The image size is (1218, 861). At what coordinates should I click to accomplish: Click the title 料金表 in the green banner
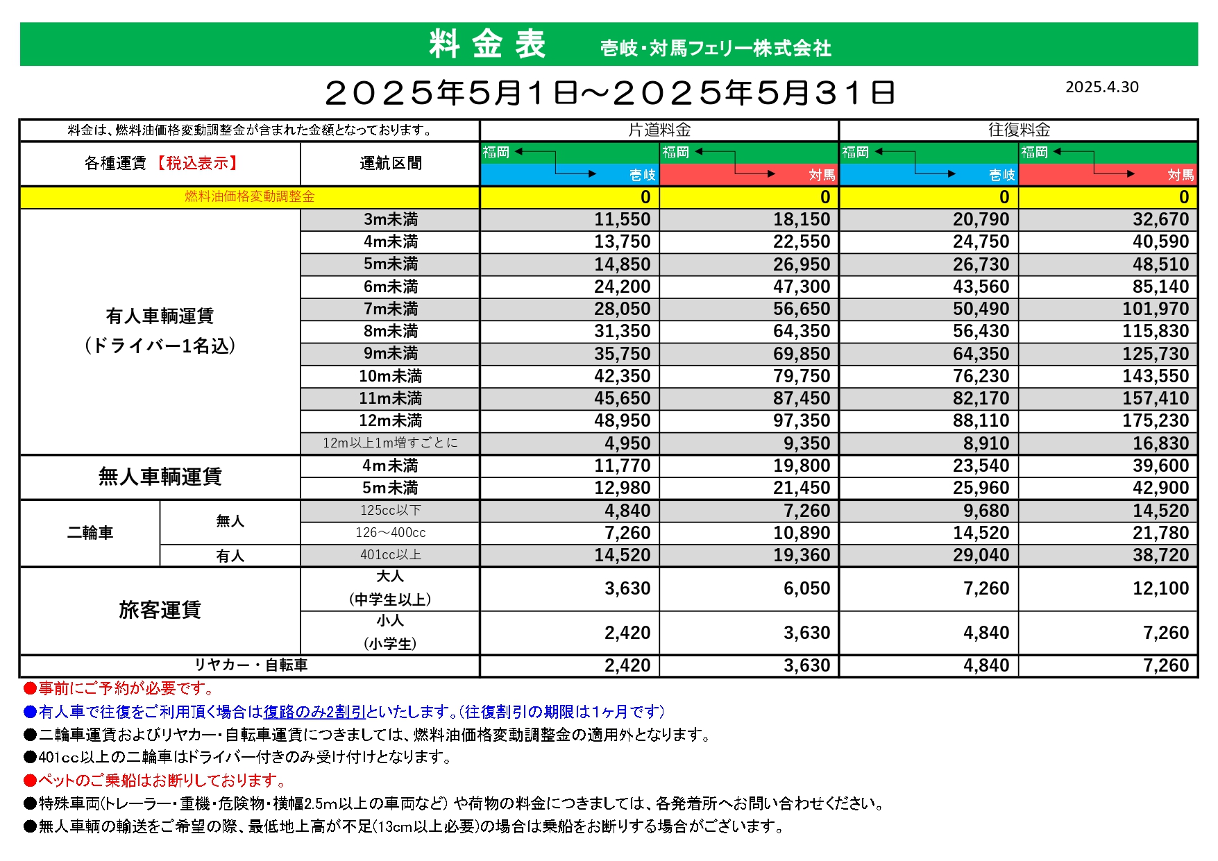487,44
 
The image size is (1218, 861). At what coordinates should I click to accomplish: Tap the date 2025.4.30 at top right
1101,87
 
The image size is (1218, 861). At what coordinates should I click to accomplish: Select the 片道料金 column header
659,130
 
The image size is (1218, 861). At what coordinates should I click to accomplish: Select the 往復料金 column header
1018,130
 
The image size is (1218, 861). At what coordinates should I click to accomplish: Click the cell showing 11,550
622,220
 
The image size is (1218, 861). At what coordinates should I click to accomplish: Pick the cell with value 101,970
1156,309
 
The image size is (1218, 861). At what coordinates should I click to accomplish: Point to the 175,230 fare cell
1156,421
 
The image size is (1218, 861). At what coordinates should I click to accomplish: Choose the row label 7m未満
390,309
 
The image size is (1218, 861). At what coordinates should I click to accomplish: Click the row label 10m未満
390,376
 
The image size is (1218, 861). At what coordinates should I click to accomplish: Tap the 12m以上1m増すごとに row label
390,443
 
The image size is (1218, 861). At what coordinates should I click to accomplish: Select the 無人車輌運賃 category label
160,477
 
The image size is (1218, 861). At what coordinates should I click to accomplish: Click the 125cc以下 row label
390,511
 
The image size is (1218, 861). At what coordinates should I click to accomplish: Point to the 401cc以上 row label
390,555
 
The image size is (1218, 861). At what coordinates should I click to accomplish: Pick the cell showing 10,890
801,533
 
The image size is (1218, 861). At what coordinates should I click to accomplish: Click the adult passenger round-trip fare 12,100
1160,589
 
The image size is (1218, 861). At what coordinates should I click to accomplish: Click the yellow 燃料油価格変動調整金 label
250,197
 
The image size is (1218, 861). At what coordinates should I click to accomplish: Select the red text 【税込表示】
196,164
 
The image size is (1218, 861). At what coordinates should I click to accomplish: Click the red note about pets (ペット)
160,781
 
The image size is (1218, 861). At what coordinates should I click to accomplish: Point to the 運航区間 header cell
390,164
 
